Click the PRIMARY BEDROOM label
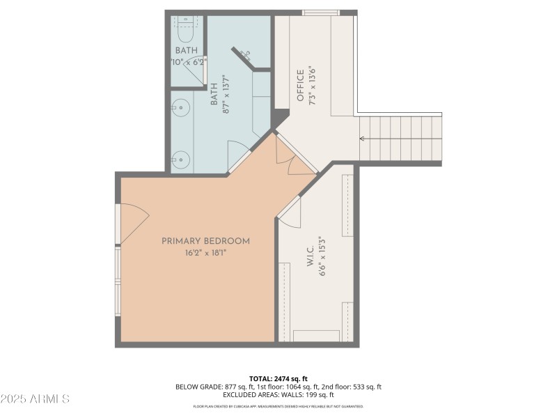pyautogui.click(x=205, y=241)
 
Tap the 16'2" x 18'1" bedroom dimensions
pyautogui.click(x=205, y=253)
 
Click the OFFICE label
pyautogui.click(x=301, y=85)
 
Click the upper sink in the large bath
pyautogui.click(x=180, y=108)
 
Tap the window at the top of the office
pyautogui.click(x=320, y=13)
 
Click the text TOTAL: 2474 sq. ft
pyautogui.click(x=278, y=378)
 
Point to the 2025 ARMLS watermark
pyautogui.click(x=35, y=399)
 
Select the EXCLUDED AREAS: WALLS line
pyautogui.click(x=278, y=395)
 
